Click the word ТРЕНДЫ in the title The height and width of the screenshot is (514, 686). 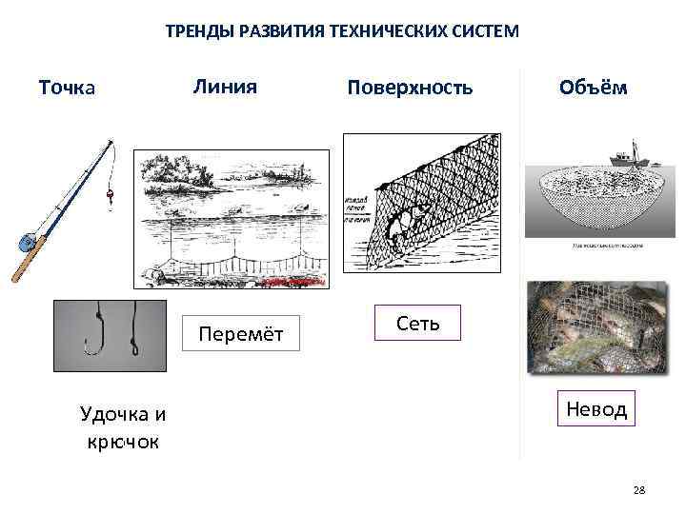click(x=192, y=30)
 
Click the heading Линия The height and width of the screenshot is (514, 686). click(x=225, y=86)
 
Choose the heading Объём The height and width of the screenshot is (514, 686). click(x=593, y=87)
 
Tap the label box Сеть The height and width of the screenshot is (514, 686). click(x=418, y=323)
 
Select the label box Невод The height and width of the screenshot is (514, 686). click(x=596, y=409)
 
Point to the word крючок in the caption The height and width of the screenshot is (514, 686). click(x=123, y=443)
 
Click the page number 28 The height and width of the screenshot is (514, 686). click(x=638, y=489)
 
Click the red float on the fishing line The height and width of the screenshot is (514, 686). click(x=110, y=194)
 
